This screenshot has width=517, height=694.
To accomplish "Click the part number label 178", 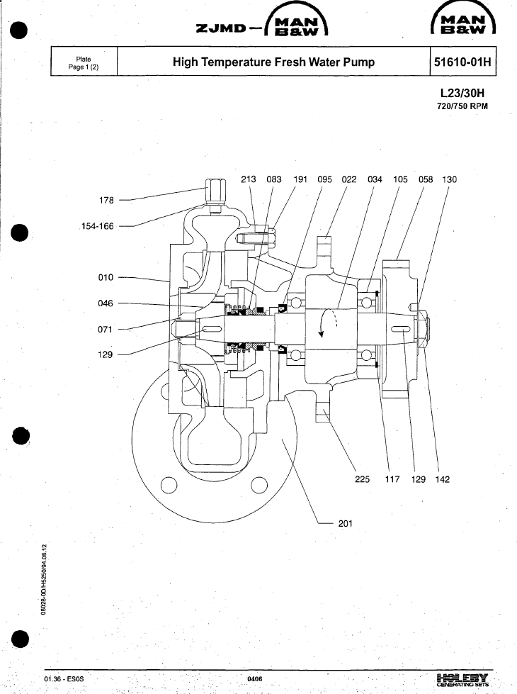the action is [106, 200].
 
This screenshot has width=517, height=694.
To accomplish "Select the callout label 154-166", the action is [97, 226].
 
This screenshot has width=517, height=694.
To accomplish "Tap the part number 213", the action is [248, 179].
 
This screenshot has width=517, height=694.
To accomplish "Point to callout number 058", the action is [426, 179].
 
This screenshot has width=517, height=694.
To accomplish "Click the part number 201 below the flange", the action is [346, 523].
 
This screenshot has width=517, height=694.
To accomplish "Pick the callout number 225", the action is [362, 479].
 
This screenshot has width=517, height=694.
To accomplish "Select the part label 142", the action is [442, 479].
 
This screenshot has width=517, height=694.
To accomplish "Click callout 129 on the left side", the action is [106, 354].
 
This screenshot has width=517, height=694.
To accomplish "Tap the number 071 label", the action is [106, 329].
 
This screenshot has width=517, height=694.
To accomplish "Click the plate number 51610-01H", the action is [462, 62].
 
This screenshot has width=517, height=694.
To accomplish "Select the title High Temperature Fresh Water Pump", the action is [274, 62].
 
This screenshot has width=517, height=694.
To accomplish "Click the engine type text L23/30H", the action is [462, 93].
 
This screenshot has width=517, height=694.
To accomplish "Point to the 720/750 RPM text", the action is [462, 106].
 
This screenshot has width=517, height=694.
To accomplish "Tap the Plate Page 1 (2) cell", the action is [84, 63].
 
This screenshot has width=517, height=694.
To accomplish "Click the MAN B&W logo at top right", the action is [463, 19].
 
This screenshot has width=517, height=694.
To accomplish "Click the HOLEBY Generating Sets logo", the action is [462, 679].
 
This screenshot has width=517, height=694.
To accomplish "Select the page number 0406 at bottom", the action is [255, 679].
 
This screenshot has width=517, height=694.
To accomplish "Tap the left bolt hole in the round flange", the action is [169, 485].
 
